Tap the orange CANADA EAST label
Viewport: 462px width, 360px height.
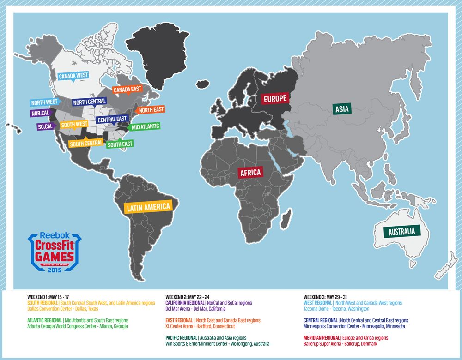tap(128, 90)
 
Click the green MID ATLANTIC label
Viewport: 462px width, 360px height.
tap(145, 126)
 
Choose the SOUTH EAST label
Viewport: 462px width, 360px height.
tap(120, 144)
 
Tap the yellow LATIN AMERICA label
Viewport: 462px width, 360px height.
tap(148, 207)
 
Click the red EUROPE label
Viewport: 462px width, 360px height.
tap(275, 98)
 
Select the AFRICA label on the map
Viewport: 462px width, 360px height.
tap(250, 173)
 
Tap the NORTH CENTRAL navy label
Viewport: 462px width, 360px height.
tap(89, 101)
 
